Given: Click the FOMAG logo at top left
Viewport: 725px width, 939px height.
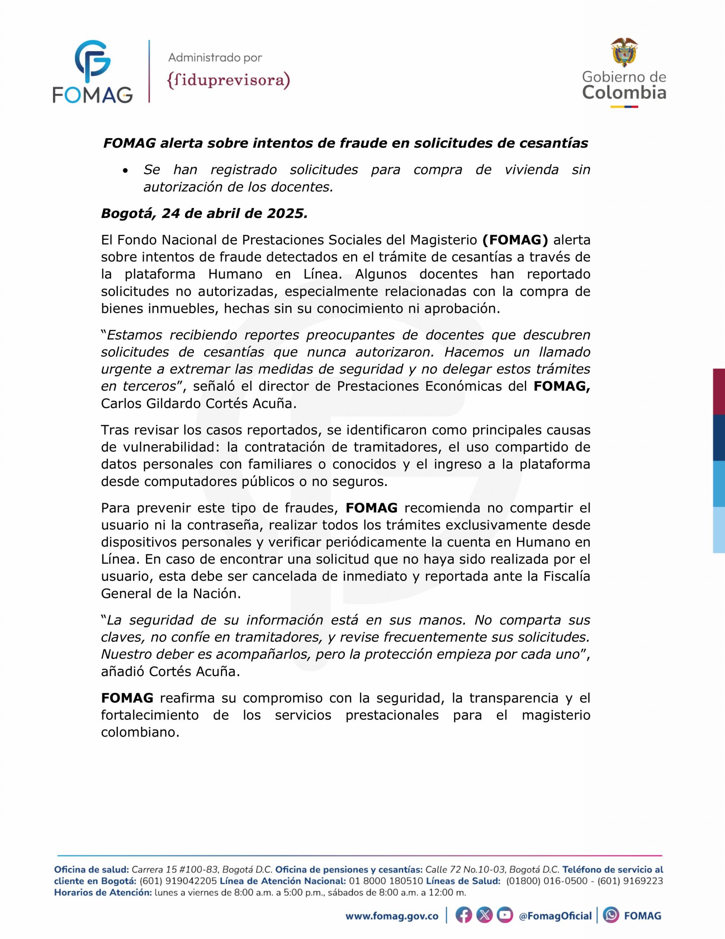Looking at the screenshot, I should click(92, 72).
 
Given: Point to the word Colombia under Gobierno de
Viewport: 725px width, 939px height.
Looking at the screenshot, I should click(624, 92).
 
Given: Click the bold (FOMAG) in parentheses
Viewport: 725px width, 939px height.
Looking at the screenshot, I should click(515, 240).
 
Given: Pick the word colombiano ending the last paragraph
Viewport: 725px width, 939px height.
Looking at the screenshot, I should click(140, 732).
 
